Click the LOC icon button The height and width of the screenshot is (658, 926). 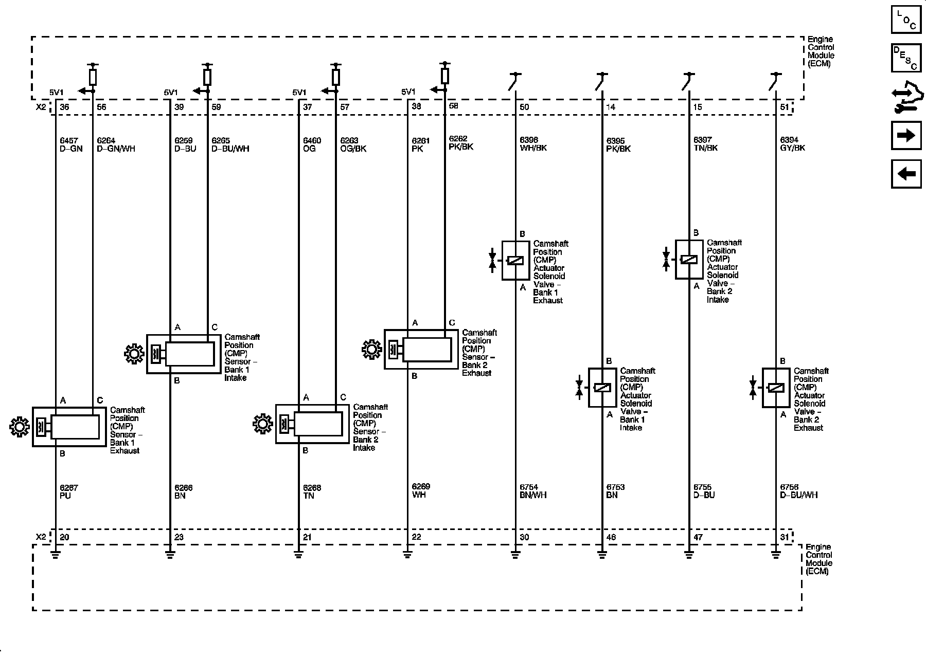tap(906, 20)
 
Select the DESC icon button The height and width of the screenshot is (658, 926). tap(906, 58)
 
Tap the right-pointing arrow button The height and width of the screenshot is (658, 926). tap(906, 135)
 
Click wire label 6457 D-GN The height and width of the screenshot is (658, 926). tap(71, 144)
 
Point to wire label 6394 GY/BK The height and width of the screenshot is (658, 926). tap(792, 144)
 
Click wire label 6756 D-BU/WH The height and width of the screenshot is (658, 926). tap(798, 491)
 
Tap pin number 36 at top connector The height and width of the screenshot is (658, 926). tap(64, 107)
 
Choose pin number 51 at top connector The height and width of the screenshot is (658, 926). tap(785, 107)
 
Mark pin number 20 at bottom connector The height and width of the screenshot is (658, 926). tap(64, 537)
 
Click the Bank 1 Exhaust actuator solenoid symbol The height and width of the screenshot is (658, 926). tap(515, 261)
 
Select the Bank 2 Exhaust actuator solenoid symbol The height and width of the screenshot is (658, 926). tap(776, 388)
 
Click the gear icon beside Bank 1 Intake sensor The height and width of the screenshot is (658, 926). tap(134, 354)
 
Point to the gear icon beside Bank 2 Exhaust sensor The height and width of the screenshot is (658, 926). tap(371, 350)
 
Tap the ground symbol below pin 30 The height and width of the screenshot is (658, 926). tap(515, 555)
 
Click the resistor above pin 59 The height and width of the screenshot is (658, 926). tap(207, 77)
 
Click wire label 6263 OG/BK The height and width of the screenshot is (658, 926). tap(353, 144)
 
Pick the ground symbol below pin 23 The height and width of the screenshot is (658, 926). tap(170, 555)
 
